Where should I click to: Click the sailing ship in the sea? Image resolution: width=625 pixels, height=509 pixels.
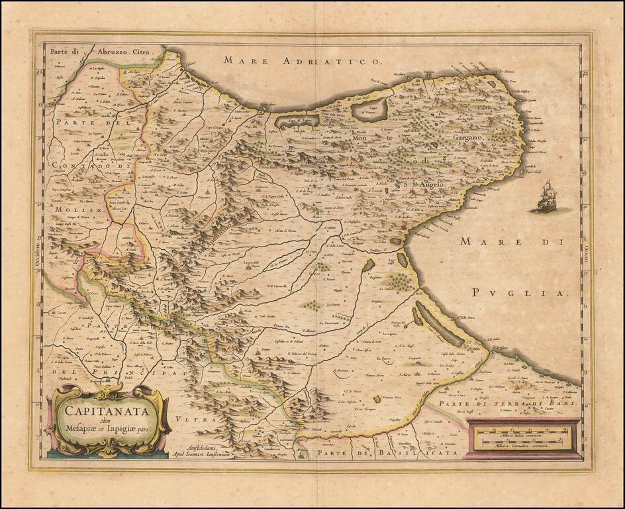[x=547, y=198]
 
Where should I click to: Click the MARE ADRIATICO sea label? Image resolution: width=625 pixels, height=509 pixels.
[x=301, y=61]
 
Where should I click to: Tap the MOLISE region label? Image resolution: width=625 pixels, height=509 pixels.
[x=73, y=209]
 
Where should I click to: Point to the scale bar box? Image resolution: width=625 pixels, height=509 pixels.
[x=524, y=438]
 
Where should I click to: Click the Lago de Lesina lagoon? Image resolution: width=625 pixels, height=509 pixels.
[x=297, y=121]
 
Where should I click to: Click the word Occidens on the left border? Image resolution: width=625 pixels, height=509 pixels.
[x=38, y=254]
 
